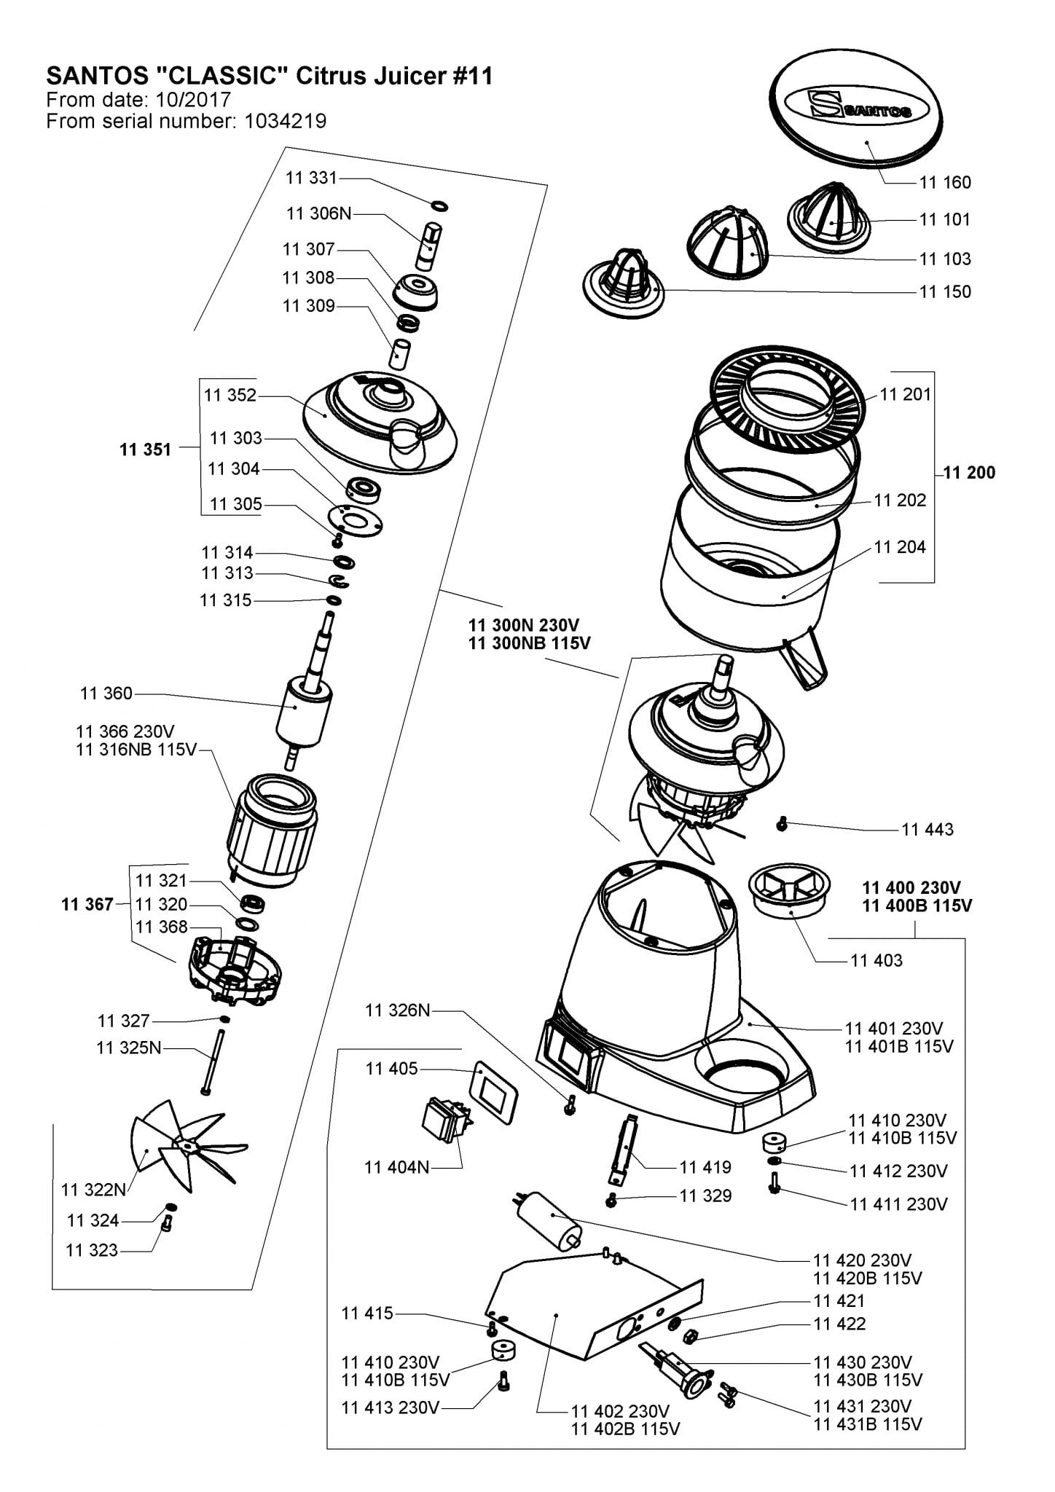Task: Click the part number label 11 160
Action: pos(945,182)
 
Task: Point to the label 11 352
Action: pos(230,395)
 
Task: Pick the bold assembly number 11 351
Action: pos(145,449)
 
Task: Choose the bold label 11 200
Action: pos(969,472)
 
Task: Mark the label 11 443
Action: pos(927,829)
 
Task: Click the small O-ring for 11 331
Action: pos(439,205)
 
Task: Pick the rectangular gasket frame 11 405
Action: pos(495,1089)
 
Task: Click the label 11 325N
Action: pos(129,1048)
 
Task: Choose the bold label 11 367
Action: pos(87,904)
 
